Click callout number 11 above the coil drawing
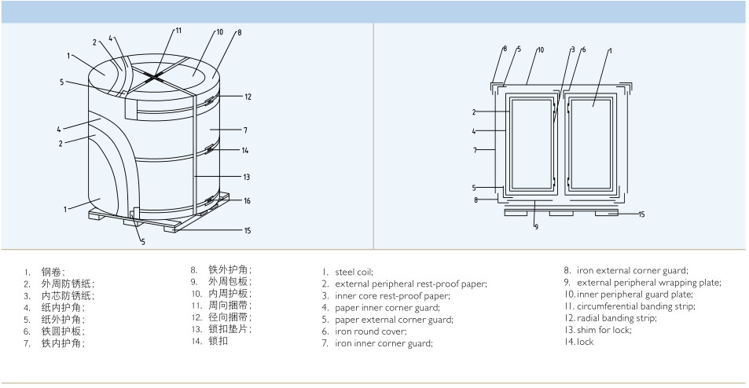pos(178,31)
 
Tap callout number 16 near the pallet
pos(247,201)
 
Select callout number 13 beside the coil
pos(247,177)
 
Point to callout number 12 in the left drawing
pos(248,97)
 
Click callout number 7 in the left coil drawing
pos(245,130)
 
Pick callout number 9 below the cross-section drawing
pos(537,227)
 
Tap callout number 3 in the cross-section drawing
pos(573,49)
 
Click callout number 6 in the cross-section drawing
pos(584,49)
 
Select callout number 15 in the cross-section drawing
pos(641,214)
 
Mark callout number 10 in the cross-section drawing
pos(541,49)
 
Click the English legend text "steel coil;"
pos(354,273)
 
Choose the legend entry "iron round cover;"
pos(371,331)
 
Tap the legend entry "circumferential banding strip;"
pos(636,306)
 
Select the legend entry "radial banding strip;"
pos(617,318)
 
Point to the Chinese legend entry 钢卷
pos(53,272)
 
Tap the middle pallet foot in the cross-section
pos(561,214)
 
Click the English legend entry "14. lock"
pos(579,342)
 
